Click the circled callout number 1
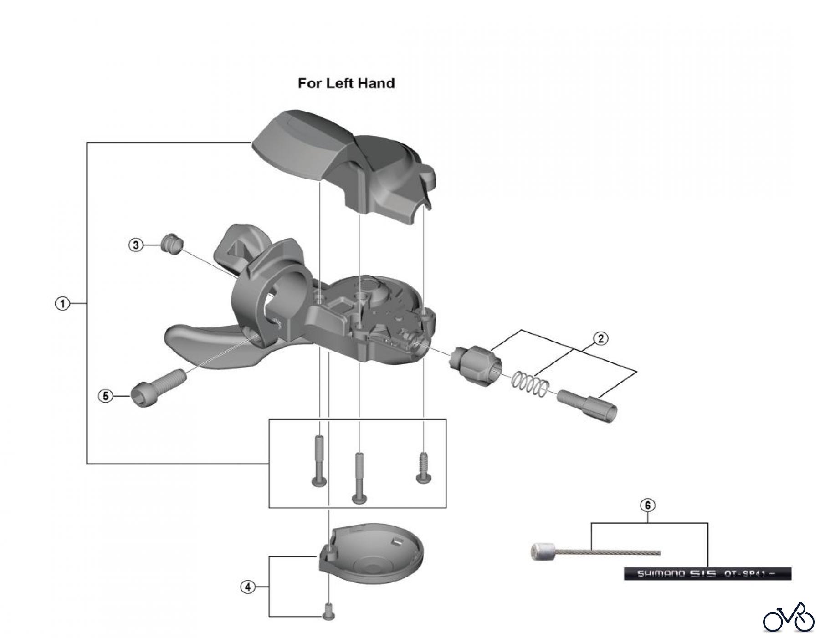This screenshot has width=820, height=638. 62,303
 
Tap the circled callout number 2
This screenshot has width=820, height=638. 601,338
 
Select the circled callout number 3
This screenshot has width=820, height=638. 136,245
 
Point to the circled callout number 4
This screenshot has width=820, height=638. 247,587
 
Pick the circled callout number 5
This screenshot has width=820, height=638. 106,396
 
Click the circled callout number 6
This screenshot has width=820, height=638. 648,505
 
